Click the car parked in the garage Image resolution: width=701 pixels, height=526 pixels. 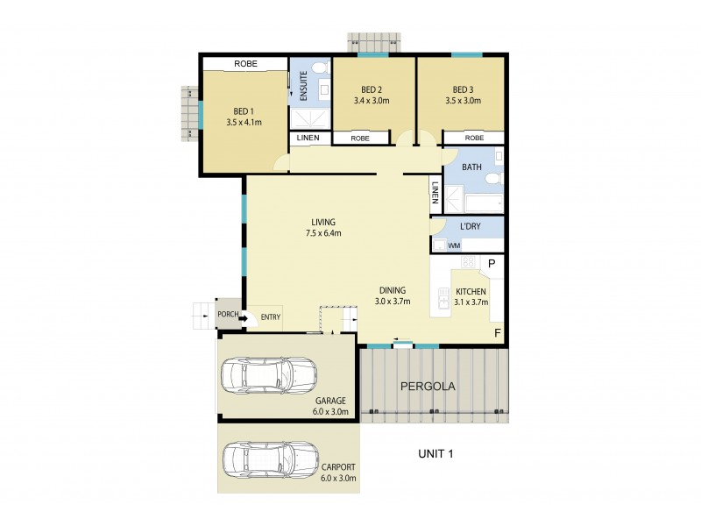tap(268, 377)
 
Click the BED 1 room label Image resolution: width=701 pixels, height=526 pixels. tap(244, 110)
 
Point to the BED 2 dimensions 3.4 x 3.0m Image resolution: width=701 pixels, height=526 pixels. tap(372, 101)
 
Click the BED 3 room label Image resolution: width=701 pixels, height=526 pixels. tap(462, 89)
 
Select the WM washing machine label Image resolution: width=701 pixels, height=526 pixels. tap(453, 245)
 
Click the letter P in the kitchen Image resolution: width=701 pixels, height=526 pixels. tap(492, 263)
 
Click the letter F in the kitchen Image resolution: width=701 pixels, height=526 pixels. tap(497, 333)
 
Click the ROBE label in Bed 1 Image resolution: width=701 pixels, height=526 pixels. tap(244, 64)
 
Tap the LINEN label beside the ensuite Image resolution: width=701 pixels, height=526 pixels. tap(308, 139)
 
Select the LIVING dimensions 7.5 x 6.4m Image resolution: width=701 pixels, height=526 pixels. tap(322, 233)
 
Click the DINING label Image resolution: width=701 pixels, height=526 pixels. tap(392, 291)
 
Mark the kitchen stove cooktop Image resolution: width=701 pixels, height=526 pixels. tap(468, 261)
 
